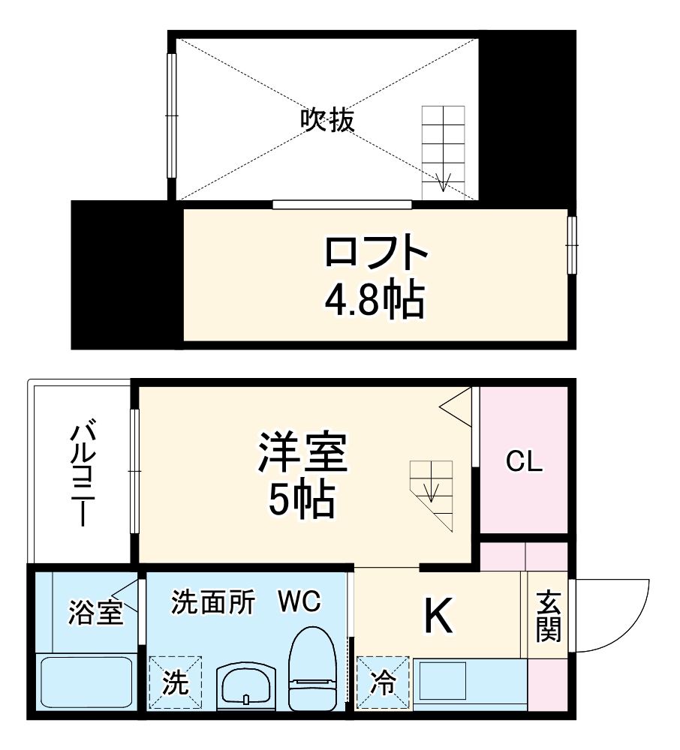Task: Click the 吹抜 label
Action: pos(327,119)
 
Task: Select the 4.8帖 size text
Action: pos(375,299)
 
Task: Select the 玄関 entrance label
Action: pos(549,616)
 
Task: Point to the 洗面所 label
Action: pos(212,601)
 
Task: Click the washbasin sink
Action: pos(246,684)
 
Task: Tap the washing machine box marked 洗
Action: pos(175,682)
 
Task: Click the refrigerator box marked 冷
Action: pos(383,682)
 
